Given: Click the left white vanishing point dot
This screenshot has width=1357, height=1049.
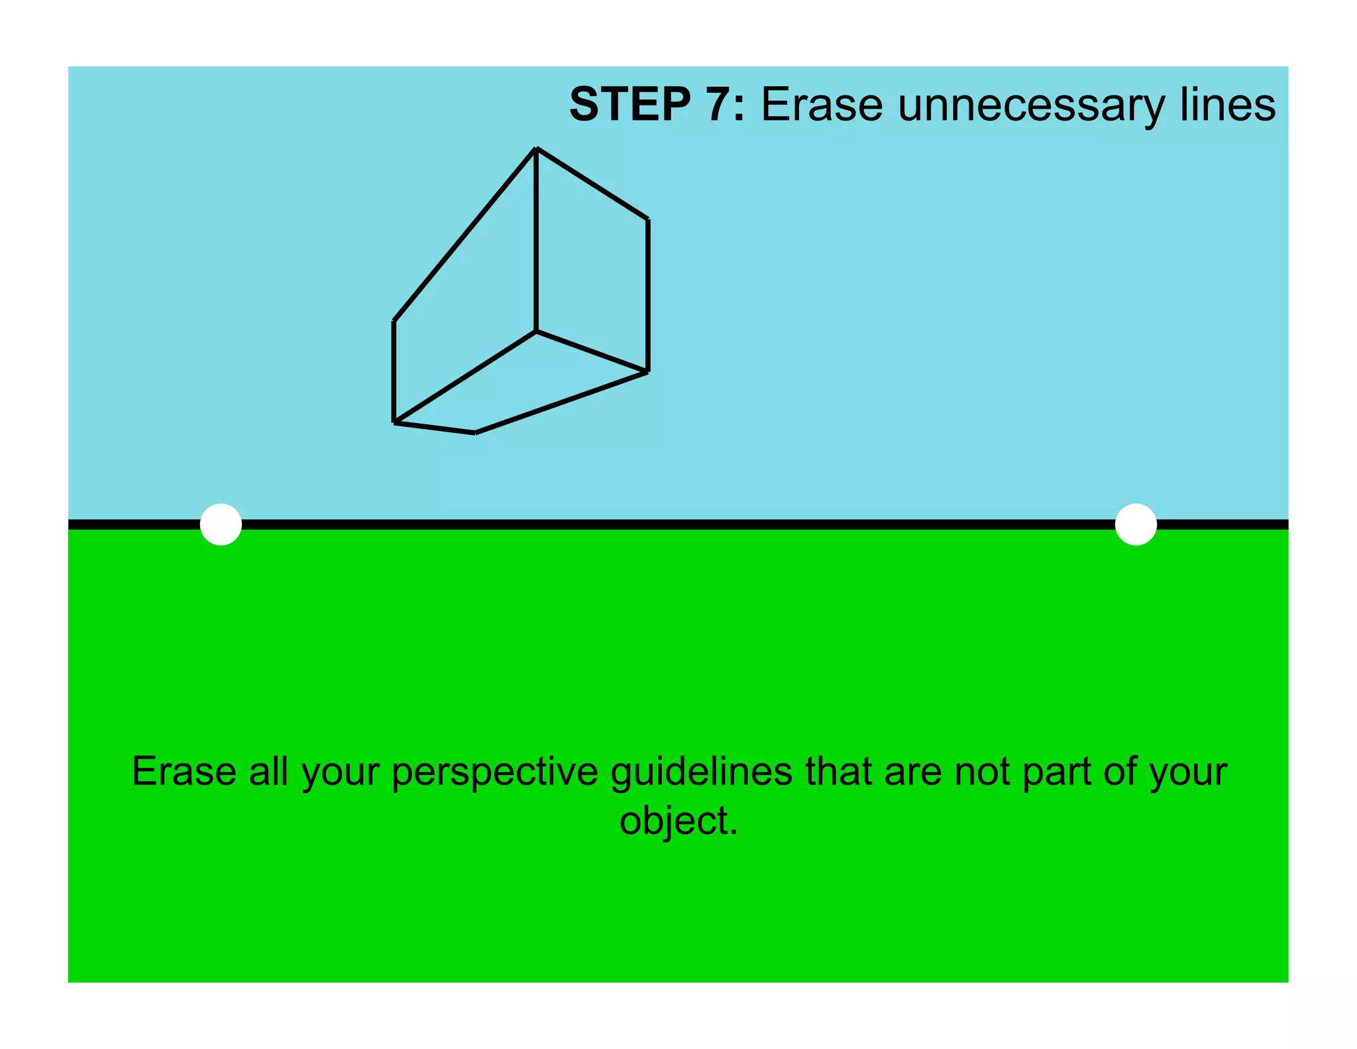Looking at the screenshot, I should pos(221,524).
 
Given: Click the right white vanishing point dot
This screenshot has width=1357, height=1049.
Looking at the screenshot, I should pos(1136,524).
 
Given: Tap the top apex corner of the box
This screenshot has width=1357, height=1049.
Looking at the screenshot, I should pos(536,149).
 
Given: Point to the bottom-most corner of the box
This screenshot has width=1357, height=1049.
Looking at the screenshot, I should pos(475,433).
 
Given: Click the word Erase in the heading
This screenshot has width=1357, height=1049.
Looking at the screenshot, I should pos(822,105).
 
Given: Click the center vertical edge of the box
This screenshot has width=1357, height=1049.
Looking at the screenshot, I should pos(536,239).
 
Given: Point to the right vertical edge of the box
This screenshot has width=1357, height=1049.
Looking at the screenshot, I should pos(647,295).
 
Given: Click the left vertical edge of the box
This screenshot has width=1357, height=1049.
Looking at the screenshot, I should pos(394,371).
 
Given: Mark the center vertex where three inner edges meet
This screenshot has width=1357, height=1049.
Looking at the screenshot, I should pos(536,331).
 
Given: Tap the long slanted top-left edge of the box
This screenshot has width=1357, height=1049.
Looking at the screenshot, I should pos(464,235).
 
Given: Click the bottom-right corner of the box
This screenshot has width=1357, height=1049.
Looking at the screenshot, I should pos(647,372).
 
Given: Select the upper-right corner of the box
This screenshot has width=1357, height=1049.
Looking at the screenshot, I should pos(647,219).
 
